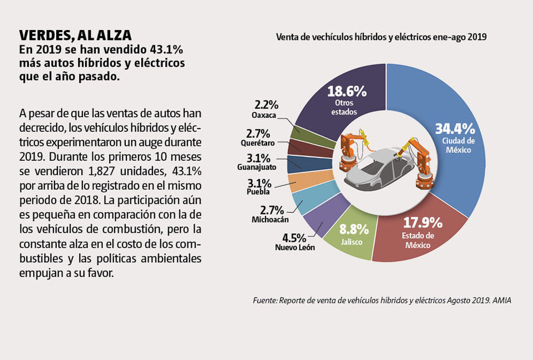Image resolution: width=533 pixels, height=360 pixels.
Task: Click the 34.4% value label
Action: click(x=455, y=129)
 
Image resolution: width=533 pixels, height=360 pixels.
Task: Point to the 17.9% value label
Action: click(x=422, y=223)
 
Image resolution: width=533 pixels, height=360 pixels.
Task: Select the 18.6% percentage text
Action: click(x=347, y=91)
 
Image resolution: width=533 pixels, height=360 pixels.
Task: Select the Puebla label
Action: click(x=258, y=192)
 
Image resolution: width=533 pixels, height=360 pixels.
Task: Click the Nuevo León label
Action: click(x=295, y=247)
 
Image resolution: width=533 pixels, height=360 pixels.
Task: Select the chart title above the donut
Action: click(x=381, y=38)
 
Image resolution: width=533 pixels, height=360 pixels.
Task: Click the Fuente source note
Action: click(x=381, y=300)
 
